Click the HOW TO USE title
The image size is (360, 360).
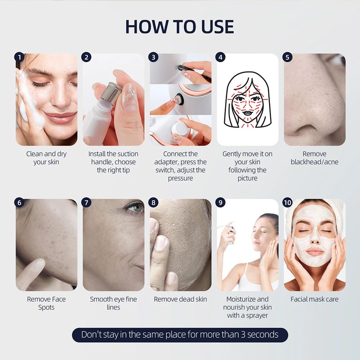coord(180,27)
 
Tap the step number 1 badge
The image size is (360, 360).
coord(19,57)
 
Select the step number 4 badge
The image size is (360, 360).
coord(220,57)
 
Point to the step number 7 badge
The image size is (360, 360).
coord(86,202)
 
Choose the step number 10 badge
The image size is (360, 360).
coord(287,202)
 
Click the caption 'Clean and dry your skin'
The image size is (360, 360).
coord(46,158)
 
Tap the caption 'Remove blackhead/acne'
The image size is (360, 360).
coord(314,158)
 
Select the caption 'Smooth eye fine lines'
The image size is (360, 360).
coord(113,303)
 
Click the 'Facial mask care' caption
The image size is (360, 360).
coord(314,299)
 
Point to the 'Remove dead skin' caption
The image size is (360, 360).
coord(180,299)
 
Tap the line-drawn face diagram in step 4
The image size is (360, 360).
coord(247,99)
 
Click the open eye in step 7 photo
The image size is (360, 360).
coord(134,208)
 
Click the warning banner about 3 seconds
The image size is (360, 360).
coord(180,334)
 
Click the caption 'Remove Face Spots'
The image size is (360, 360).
coord(46,303)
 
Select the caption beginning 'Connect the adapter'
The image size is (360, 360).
coord(180,166)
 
